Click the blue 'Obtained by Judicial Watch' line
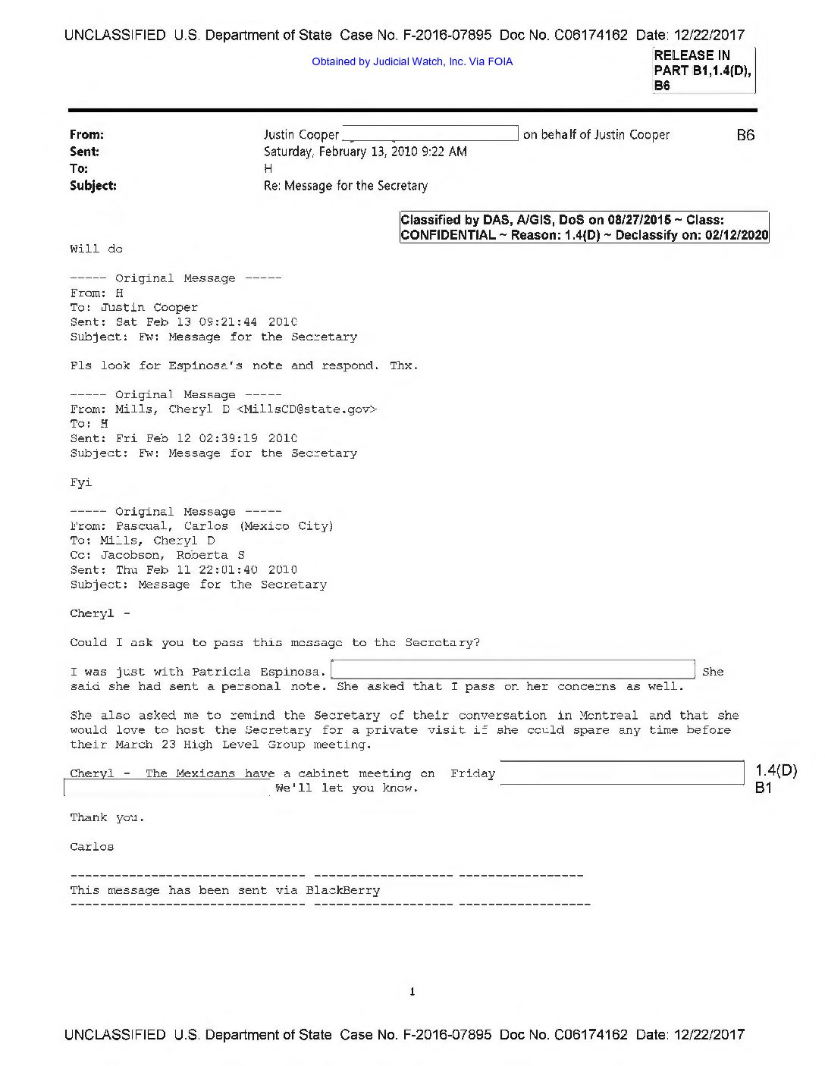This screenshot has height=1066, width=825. tap(412, 61)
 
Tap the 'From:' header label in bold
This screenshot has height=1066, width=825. tap(86, 134)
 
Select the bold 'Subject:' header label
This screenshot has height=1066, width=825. tap(93, 185)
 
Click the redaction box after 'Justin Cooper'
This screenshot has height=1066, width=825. tap(431, 133)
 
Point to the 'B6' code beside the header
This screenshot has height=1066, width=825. tap(745, 135)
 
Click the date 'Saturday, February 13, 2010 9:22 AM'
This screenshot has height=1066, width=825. tap(365, 152)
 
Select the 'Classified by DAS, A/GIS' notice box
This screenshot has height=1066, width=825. tap(584, 227)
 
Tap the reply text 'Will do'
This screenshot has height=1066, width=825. tap(96, 249)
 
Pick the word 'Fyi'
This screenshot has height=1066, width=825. tap(81, 482)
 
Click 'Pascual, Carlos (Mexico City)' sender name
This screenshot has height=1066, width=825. tap(224, 526)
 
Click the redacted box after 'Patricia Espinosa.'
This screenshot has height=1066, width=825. tap(513, 670)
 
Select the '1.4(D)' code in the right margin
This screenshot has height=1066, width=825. tap(776, 771)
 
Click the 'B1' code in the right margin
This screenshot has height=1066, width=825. tap(764, 788)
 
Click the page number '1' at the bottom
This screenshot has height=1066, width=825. tap(412, 992)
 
